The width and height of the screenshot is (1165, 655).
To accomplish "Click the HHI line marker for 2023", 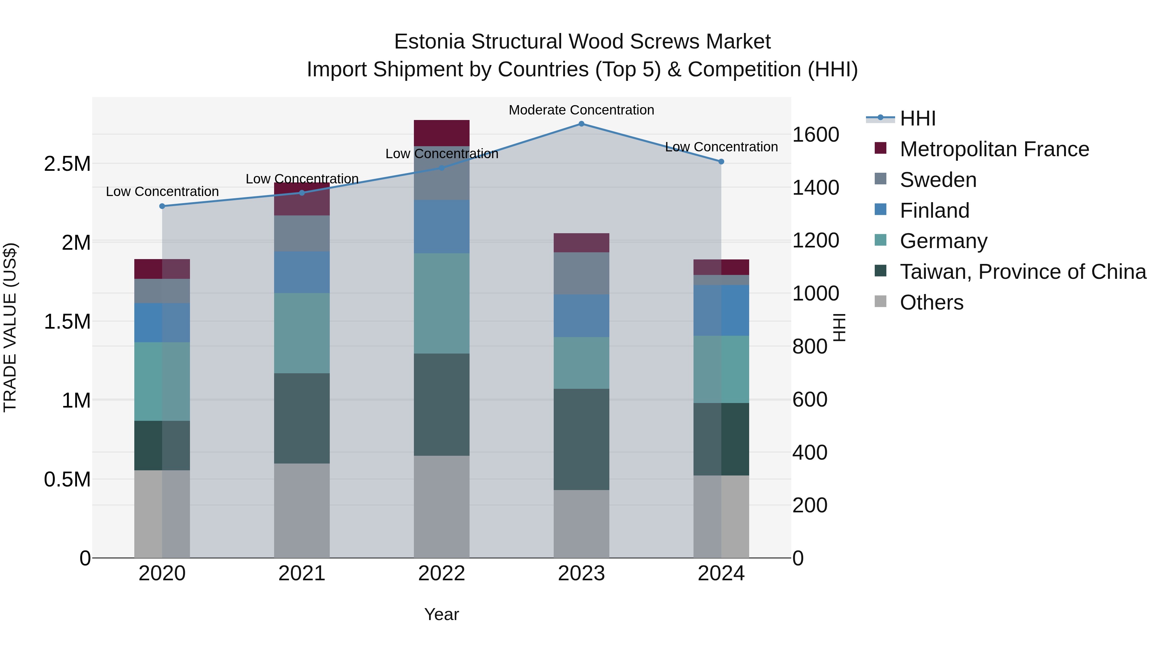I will pos(581,124).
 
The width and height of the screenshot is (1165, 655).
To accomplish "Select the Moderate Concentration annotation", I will pos(581,110).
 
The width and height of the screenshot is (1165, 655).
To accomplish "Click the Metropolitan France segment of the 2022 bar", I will pos(441,133).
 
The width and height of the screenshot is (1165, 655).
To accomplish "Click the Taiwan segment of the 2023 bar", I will pos(581,439).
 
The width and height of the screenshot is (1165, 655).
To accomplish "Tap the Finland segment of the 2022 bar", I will pos(441,226).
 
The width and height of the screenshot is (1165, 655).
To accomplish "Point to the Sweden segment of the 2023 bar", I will pos(581,273).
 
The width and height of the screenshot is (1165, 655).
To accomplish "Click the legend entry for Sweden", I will pos(938,180).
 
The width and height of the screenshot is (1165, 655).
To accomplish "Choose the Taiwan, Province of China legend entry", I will pos(1023,272).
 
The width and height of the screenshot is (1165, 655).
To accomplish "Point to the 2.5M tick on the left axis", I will pos(67,164).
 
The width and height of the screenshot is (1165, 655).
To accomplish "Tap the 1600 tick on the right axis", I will pos(815,135).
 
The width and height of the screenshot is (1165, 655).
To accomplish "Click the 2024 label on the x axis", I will pos(721,573).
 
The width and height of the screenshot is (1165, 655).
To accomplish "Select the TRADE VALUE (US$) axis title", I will pos(10,327).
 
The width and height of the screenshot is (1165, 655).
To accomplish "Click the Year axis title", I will pos(441,614).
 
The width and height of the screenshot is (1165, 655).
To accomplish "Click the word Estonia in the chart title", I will pos(429,42).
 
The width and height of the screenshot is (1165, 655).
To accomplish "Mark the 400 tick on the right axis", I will pos(810,453).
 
